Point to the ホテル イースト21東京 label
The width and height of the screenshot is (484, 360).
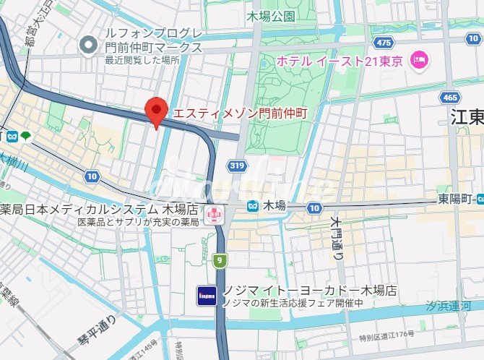point(340,61)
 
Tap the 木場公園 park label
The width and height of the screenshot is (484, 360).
point(270,15)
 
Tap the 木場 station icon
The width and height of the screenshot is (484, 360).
point(252,206)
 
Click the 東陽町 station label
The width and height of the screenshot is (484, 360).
point(457,199)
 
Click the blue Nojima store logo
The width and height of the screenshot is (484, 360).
point(206,296)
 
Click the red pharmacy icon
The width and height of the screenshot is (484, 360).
point(214,214)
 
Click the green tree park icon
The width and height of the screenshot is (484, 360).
point(26,135)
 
